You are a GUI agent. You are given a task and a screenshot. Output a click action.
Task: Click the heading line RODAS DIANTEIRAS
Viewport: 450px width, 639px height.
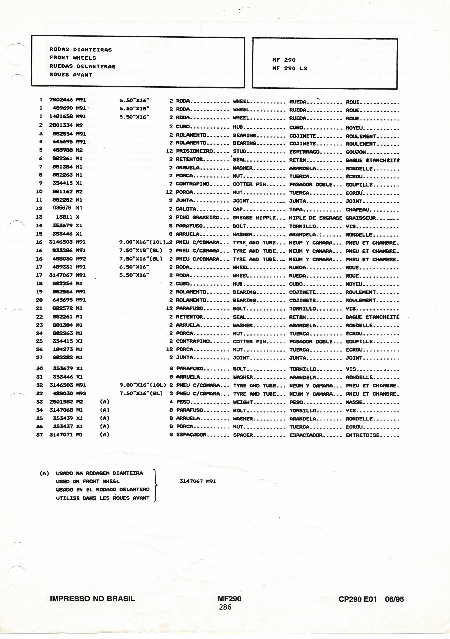pos(81,50)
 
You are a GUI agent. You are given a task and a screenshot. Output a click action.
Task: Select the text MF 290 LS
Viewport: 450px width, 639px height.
pos(290,68)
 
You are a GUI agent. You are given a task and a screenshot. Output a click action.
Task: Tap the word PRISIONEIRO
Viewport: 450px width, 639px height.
pos(195,151)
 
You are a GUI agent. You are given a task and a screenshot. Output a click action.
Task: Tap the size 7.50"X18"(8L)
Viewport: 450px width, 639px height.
pos(141,250)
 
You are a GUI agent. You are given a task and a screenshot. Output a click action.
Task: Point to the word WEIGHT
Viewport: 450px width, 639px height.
pos(243,402)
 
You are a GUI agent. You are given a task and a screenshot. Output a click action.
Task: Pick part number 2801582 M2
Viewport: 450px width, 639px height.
pos(66,402)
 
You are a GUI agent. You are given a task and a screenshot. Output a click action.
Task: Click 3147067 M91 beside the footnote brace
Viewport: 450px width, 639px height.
pos(198,481)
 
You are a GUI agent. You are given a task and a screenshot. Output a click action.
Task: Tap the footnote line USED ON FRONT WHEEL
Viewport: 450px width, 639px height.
pos(88,481)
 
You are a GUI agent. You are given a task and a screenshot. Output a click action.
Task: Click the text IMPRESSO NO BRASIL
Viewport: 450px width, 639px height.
pos(92,599)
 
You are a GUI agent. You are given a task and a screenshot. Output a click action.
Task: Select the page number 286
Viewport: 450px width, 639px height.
pos(225,607)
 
